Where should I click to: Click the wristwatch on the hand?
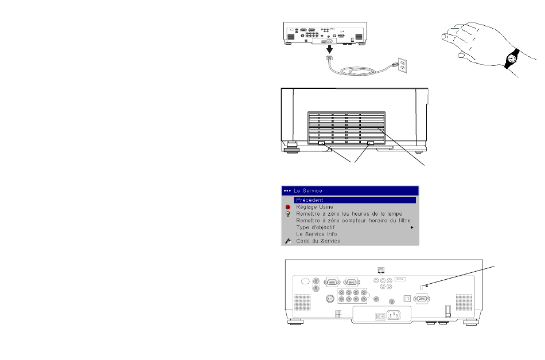pyautogui.click(x=512, y=58)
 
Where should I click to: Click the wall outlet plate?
pyautogui.click(x=403, y=65)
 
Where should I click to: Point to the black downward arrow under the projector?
pyautogui.click(x=329, y=49)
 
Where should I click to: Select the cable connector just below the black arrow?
pyautogui.click(x=329, y=58)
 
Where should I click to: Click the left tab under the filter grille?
pyautogui.click(x=321, y=143)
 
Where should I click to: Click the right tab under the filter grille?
pyautogui.click(x=371, y=143)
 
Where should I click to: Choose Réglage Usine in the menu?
pyautogui.click(x=314, y=207)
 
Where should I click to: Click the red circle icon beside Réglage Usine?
pyautogui.click(x=288, y=207)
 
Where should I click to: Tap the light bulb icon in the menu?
pyautogui.click(x=288, y=214)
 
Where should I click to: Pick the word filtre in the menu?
pyautogui.click(x=403, y=221)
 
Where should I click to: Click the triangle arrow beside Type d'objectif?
pyautogui.click(x=412, y=228)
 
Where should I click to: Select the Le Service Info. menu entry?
pyautogui.click(x=317, y=234)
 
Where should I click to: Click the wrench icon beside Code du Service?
pyautogui.click(x=288, y=241)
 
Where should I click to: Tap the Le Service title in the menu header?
pyautogui.click(x=308, y=190)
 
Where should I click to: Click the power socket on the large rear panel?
pyautogui.click(x=394, y=315)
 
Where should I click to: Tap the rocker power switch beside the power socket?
pyautogui.click(x=380, y=316)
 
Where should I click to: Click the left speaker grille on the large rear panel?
pyautogui.click(x=302, y=302)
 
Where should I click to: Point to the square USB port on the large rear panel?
pyautogui.click(x=407, y=299)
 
